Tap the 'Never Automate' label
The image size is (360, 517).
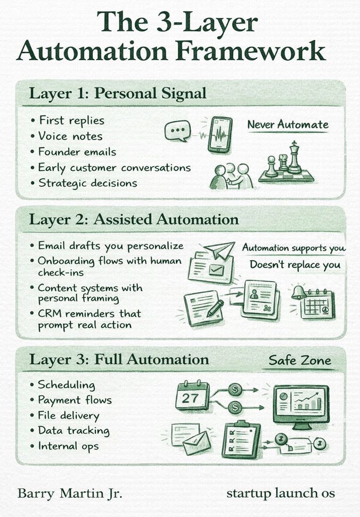tap(288, 125)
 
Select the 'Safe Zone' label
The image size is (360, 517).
tap(299, 360)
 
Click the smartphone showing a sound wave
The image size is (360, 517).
tap(220, 135)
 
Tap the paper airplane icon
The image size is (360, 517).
tap(220, 251)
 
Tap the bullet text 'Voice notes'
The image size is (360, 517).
tap(71, 136)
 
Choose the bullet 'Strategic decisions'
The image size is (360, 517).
tap(87, 183)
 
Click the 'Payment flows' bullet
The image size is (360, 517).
tap(75, 399)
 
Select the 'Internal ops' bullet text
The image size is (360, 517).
tap(68, 446)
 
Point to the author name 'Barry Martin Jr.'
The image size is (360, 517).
tap(70, 493)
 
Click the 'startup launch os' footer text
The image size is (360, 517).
tap(281, 493)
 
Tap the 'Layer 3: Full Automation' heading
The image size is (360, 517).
tap(119, 359)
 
